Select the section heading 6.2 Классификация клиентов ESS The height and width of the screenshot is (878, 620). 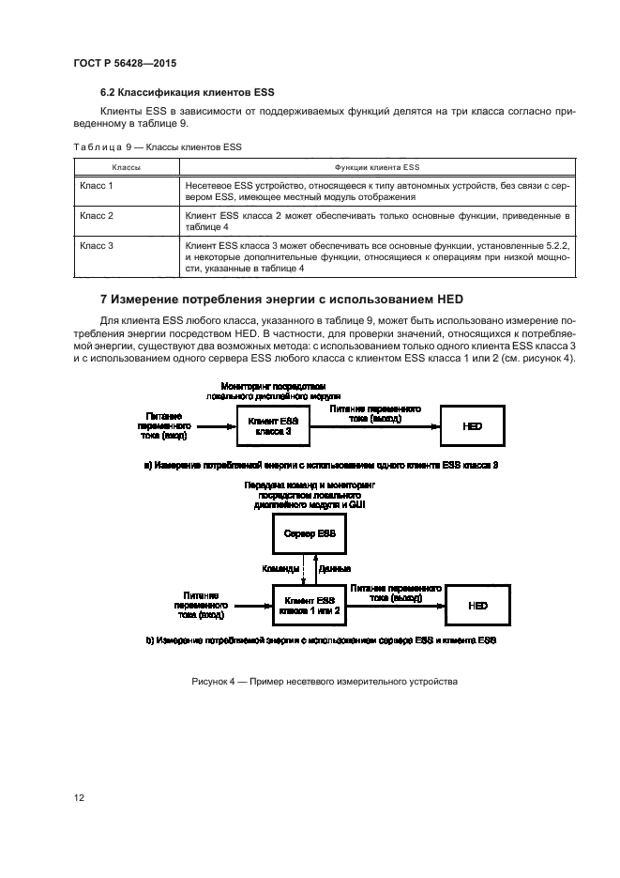coord(187,92)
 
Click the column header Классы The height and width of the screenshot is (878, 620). coord(127,166)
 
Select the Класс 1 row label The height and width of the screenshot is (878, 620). coord(97,186)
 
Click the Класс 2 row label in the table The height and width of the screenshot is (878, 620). coord(97,216)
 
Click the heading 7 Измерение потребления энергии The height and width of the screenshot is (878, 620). coord(282,300)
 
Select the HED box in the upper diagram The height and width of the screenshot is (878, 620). coord(473,426)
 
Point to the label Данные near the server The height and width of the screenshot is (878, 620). coord(335,569)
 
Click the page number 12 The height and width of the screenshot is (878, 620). coord(80,797)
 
